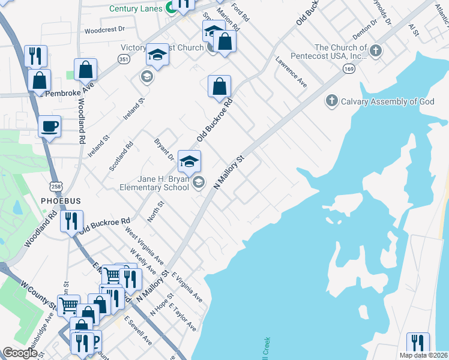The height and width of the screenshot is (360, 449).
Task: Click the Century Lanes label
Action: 137,8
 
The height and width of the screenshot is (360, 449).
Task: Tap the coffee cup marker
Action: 49,127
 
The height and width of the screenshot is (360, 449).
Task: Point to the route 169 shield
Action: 349,70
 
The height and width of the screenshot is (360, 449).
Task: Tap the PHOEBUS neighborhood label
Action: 60,200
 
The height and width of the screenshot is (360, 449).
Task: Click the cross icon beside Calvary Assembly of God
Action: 332,101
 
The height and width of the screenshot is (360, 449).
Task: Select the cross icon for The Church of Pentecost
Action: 376,51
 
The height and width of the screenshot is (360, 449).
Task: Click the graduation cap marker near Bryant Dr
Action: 189,160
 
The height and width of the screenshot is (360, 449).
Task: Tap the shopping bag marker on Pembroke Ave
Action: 86,69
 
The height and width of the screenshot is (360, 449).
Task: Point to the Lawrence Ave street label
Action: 292,73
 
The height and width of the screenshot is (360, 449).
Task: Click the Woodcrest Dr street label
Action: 104,29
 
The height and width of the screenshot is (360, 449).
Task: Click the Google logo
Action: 20,353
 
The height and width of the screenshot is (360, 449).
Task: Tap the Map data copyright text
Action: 423,355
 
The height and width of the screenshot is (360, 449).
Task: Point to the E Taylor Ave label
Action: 182,317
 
